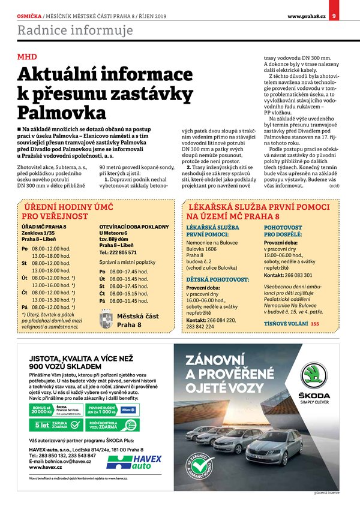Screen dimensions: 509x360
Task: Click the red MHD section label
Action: [27, 57]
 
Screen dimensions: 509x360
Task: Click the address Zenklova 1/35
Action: [38, 233]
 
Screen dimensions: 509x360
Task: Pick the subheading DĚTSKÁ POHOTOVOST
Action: [217, 279]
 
